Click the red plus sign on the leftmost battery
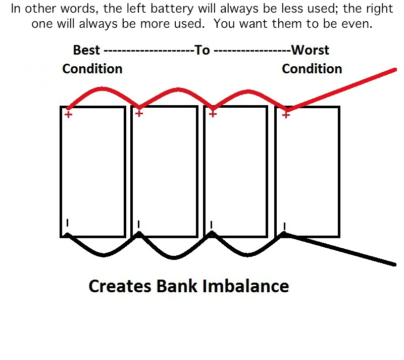68,114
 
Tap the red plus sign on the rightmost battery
286,115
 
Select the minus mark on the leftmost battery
67,223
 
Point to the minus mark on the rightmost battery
284,227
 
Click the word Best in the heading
86,50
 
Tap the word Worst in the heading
310,50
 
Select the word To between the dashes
203,50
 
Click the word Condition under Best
92,69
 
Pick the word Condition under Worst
312,69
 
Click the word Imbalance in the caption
245,286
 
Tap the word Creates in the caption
120,286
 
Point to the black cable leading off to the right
339,249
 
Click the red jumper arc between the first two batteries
103,89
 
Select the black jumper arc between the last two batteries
247,255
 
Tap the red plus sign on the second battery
139,113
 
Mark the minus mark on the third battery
211,225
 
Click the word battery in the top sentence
172,9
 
